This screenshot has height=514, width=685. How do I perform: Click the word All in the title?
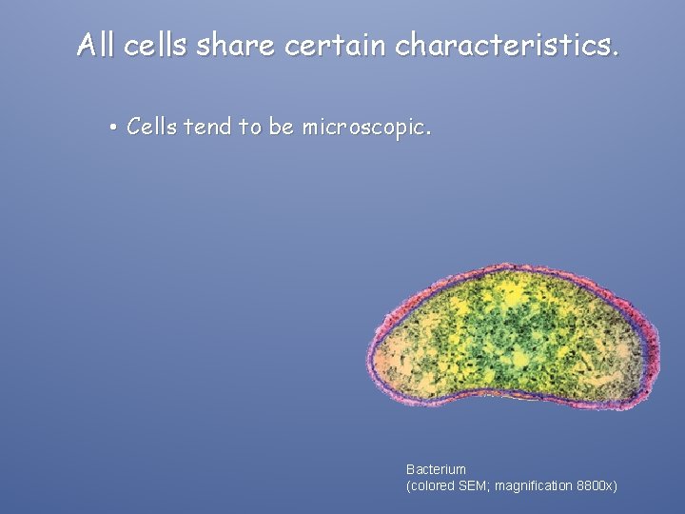[97, 44]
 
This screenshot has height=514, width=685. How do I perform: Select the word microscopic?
[365, 128]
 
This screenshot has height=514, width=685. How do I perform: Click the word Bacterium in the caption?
[436, 469]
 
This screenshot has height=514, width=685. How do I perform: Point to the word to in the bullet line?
[249, 127]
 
